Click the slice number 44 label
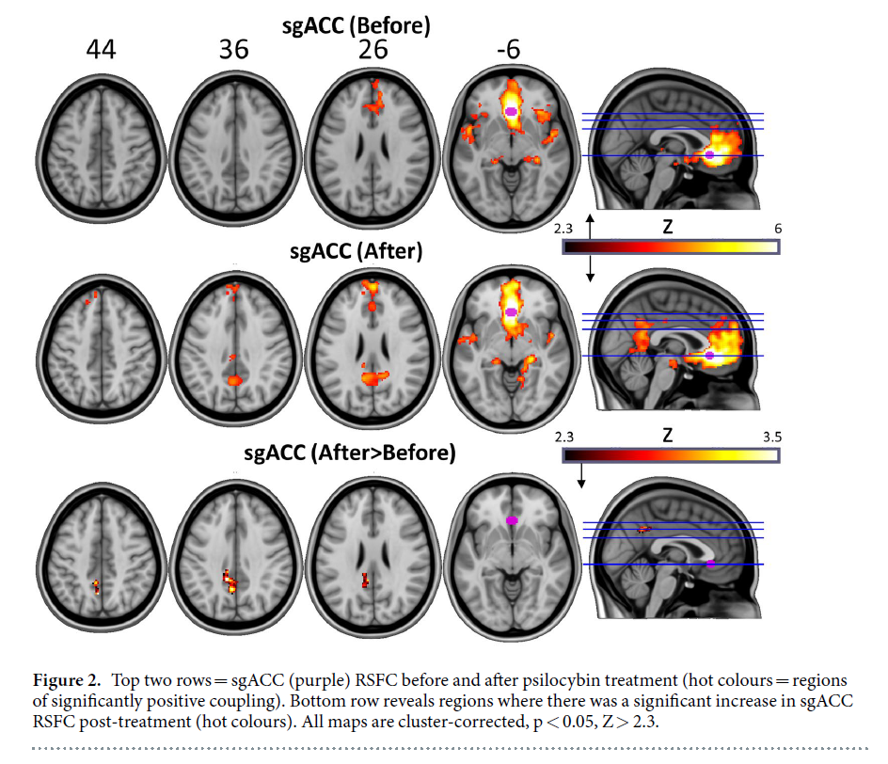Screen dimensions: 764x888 pyautogui.click(x=102, y=50)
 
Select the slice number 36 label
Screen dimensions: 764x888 pyautogui.click(x=234, y=50)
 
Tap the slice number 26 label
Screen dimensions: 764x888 pyautogui.click(x=373, y=50)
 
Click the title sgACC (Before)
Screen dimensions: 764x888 pyautogui.click(x=357, y=26)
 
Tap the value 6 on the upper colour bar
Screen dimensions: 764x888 pyautogui.click(x=777, y=229)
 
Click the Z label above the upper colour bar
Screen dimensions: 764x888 pyautogui.click(x=667, y=229)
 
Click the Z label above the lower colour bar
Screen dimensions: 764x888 pyautogui.click(x=667, y=436)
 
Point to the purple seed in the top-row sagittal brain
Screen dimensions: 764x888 pyautogui.click(x=710, y=153)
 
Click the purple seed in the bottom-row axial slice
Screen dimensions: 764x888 pyautogui.click(x=513, y=519)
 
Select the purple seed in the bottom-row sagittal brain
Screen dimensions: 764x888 pyautogui.click(x=711, y=563)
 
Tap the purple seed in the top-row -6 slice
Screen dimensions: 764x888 pyautogui.click(x=511, y=111)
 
